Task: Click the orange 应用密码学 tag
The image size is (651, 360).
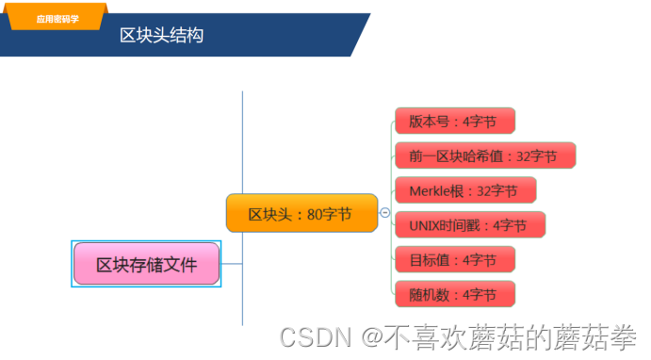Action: [57, 19]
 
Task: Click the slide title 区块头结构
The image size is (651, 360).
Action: [161, 36]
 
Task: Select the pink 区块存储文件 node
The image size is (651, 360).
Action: [147, 265]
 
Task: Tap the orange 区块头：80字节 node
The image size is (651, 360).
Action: [301, 214]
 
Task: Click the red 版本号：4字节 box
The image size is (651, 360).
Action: [454, 121]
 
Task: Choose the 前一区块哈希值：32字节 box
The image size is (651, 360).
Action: [483, 155]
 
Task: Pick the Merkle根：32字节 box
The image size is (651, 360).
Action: [464, 190]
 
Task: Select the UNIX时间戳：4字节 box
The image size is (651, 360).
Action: [468, 225]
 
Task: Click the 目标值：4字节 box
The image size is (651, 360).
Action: [454, 259]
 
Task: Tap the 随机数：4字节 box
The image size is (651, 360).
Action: [454, 294]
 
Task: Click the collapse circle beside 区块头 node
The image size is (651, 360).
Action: [384, 214]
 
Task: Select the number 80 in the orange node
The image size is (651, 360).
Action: [316, 214]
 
